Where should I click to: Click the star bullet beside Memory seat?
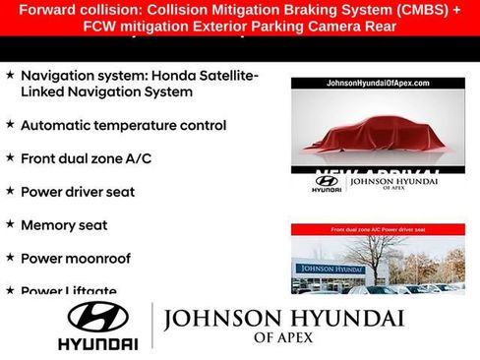pos(10,224)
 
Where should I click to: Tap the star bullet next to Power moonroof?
pos(10,258)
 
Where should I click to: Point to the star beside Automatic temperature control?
pos(10,125)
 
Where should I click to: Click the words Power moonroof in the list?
pos(75,259)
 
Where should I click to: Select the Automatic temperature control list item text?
pos(123,126)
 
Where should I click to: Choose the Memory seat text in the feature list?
pos(64,225)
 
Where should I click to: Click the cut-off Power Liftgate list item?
pos(68,290)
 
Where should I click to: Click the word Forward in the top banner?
pos(47,10)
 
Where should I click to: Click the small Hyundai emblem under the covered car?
pos(326,181)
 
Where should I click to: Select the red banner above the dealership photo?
pos(378,229)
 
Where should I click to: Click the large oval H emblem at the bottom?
pos(97,317)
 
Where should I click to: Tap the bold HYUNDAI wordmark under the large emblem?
pos(97,344)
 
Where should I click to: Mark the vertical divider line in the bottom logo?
pos(150,327)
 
